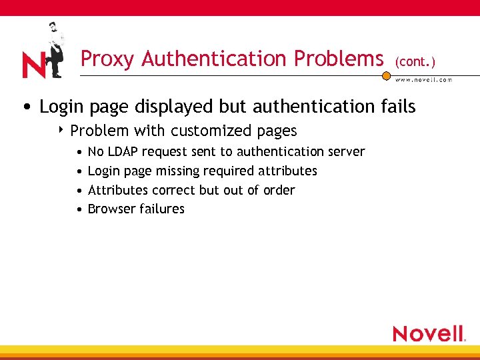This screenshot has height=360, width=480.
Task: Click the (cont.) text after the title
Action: [415, 62]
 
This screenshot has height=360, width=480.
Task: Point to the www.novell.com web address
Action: [424, 80]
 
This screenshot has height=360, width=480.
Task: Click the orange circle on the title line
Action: [386, 76]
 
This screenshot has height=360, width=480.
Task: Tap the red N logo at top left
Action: [33, 65]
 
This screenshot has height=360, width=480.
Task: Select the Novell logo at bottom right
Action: [428, 333]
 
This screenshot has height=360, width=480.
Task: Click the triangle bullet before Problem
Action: [61, 129]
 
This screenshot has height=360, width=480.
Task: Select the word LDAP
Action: [123, 151]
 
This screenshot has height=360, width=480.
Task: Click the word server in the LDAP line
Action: [346, 152]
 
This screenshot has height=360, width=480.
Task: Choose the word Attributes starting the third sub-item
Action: [117, 190]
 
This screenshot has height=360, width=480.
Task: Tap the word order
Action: [279, 190]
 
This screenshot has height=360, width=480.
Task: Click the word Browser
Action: [109, 209]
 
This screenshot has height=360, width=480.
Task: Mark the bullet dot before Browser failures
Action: [79, 209]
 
